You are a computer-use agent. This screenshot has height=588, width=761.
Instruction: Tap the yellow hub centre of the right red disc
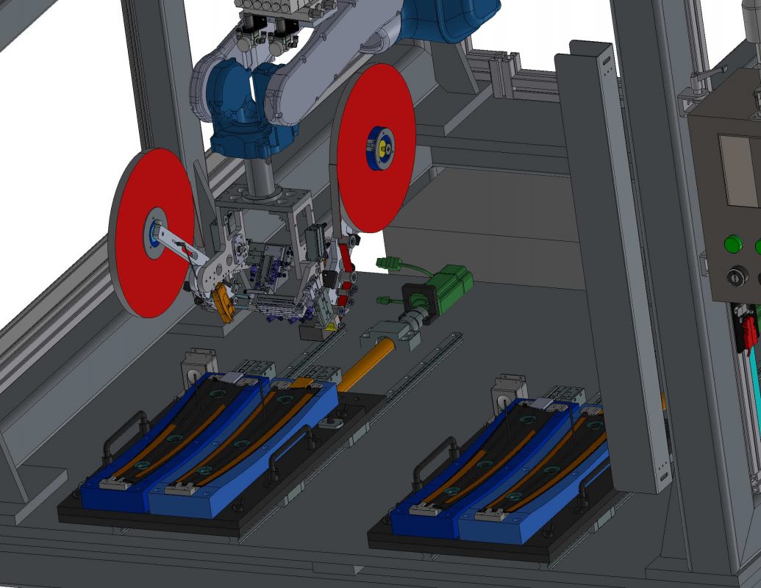point(382,148)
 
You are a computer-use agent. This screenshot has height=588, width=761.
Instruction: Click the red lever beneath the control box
point(748,331)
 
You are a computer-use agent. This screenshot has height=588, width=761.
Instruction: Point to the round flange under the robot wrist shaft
point(262,197)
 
